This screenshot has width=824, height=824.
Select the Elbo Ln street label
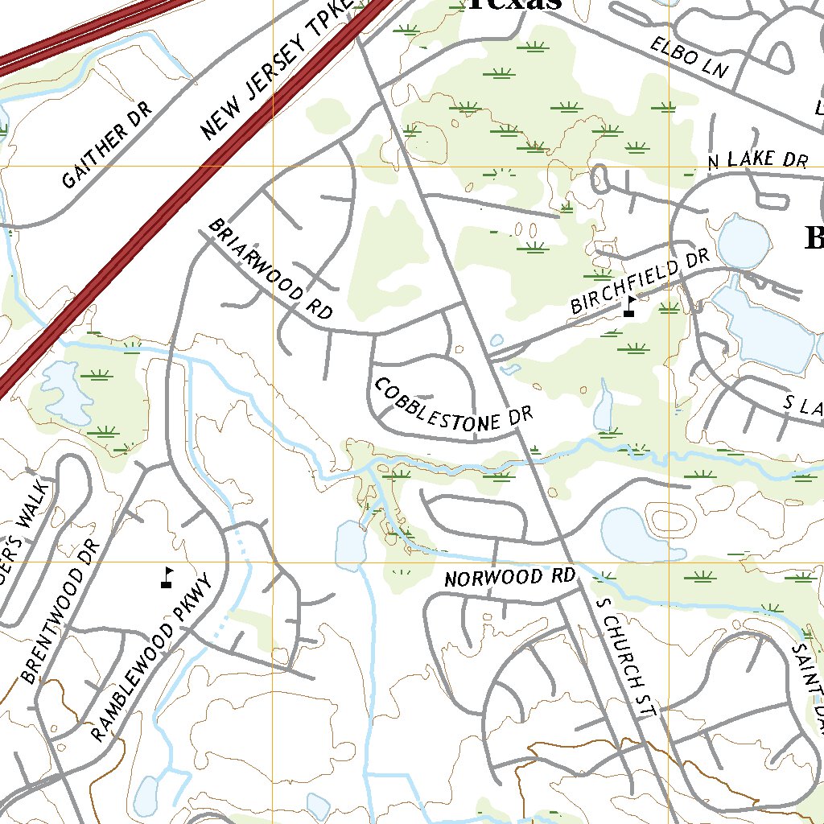(689, 56)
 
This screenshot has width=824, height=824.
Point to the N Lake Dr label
(757, 160)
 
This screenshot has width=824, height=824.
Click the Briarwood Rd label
(270, 270)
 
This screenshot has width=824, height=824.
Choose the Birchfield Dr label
(640, 282)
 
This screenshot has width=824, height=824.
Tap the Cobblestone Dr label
(453, 409)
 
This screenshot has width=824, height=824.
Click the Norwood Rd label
(511, 578)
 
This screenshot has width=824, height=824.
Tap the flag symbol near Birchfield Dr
(629, 307)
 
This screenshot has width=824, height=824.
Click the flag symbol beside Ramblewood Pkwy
(167, 577)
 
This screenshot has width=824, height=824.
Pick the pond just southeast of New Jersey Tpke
(64, 391)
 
